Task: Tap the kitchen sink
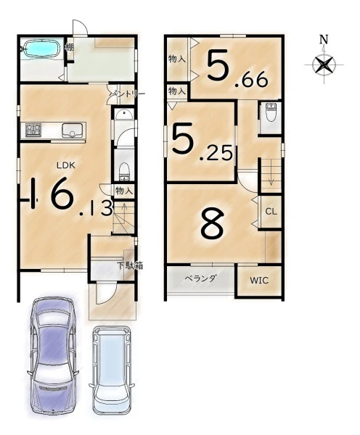point(73,130)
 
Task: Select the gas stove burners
point(33,130)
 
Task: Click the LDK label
point(66,165)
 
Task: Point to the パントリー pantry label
point(127,94)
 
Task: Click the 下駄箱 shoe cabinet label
point(130,266)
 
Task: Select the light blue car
point(112,370)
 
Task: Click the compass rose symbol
point(324,65)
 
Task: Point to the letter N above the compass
point(324,39)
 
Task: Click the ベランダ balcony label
point(200,278)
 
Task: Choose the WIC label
point(259,280)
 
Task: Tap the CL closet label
point(271,212)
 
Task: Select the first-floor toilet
point(124,171)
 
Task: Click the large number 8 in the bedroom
point(212,223)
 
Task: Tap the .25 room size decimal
point(216,154)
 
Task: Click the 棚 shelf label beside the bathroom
point(70,47)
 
